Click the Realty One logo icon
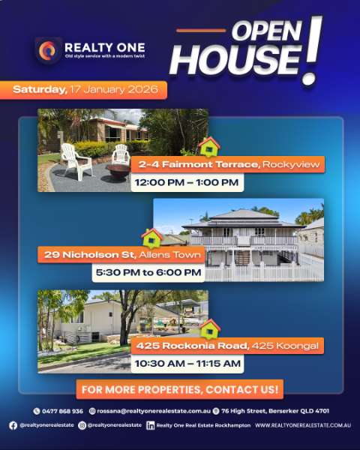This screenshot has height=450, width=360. coord(48,50)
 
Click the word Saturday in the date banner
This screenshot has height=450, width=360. coord(40,89)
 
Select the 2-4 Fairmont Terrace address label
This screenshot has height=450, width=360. coord(228,164)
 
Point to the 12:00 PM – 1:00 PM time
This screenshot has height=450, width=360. coord(187,182)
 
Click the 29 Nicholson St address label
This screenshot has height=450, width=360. coord(121,254)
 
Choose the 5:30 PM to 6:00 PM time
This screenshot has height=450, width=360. coord(148,272)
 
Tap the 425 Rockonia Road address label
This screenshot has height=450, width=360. coord(227,346)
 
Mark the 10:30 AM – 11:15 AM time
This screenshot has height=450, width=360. coord(187,364)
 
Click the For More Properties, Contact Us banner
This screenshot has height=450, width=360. coord(180,389)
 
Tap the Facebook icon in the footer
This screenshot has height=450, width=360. coord(13,425)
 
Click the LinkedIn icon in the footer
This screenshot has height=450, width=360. coord(151,425)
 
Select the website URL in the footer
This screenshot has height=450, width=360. coord(303,425)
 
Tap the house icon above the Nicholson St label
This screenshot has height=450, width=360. coord(151,238)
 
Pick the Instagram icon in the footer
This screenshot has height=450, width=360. coord(82,425)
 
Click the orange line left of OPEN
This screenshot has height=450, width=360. coord(201,31)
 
